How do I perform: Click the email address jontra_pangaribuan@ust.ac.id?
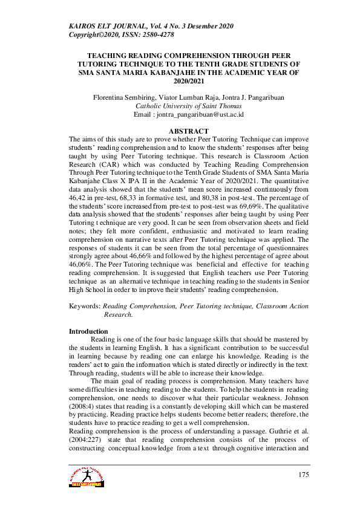(x=198, y=114)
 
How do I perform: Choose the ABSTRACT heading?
(x=188, y=131)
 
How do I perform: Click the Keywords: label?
(x=85, y=306)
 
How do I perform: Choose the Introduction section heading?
(x=88, y=331)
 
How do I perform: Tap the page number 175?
(x=303, y=475)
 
